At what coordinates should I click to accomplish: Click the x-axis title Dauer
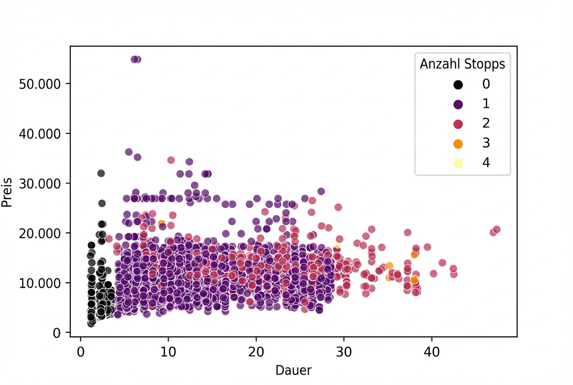(x=293, y=370)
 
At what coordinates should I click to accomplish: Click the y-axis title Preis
(x=6, y=196)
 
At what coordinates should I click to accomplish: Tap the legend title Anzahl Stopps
(x=462, y=64)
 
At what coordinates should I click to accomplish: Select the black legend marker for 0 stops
(x=458, y=84)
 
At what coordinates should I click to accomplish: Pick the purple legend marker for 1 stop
(x=458, y=104)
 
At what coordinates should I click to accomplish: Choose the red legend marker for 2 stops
(x=458, y=123)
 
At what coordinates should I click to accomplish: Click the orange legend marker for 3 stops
(x=458, y=143)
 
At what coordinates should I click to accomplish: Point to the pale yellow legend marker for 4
(x=458, y=163)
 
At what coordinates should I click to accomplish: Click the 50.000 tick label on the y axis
(x=39, y=84)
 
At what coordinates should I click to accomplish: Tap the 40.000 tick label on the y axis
(x=39, y=133)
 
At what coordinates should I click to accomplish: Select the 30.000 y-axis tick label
(x=39, y=183)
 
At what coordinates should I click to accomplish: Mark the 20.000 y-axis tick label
(x=39, y=233)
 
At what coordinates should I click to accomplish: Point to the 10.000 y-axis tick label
(x=39, y=283)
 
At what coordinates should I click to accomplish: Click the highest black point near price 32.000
(x=101, y=173)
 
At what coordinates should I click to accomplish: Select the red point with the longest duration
(x=496, y=229)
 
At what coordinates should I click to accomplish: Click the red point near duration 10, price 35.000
(x=171, y=160)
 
